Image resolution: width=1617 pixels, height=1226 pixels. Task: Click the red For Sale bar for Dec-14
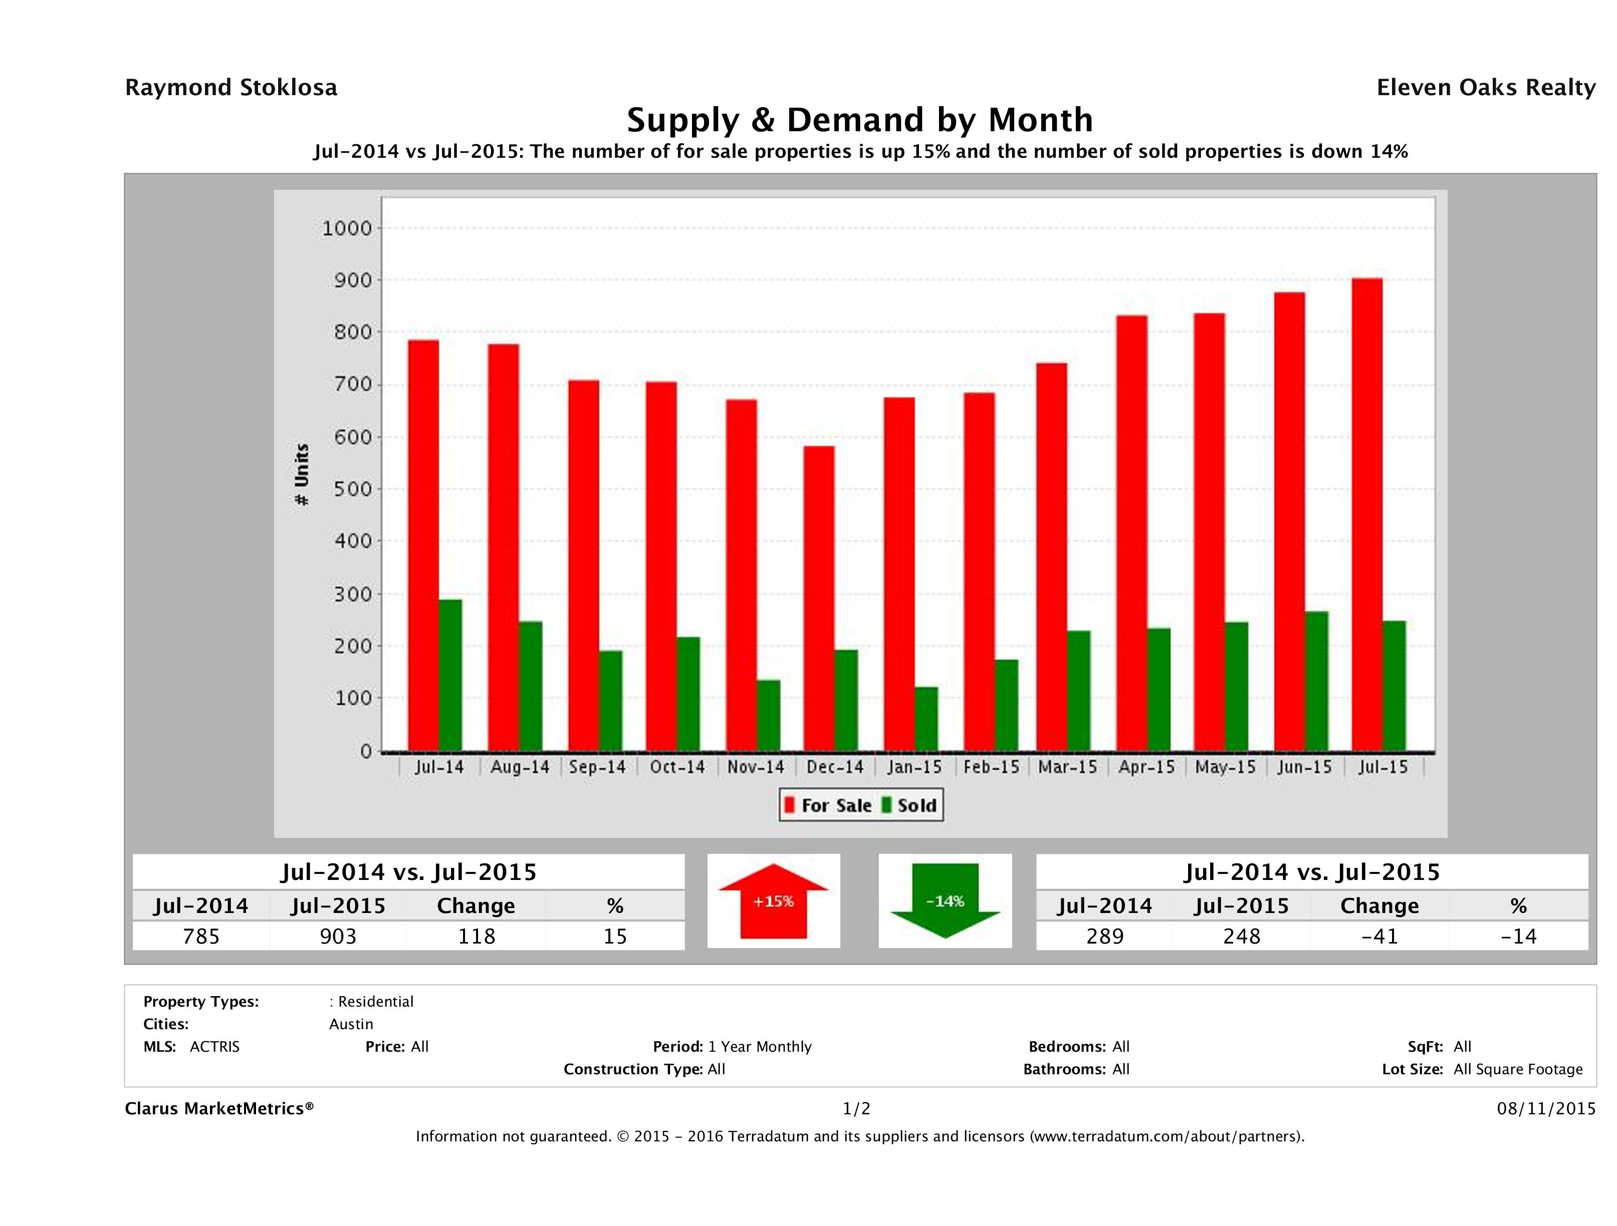819,599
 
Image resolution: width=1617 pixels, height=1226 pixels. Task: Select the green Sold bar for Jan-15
926,719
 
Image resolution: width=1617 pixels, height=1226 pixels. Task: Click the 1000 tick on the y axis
347,229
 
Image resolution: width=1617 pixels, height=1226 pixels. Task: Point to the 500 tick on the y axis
353,489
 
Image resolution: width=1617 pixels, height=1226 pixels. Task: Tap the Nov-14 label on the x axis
755,767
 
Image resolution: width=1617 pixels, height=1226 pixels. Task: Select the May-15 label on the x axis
1225,767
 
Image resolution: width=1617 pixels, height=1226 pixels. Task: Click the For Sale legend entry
828,805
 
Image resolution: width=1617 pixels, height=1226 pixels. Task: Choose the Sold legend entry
909,805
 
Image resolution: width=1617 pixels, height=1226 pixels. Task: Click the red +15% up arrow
773,901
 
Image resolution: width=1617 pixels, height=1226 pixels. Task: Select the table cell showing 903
338,936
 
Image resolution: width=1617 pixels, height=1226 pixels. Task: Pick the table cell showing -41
1379,936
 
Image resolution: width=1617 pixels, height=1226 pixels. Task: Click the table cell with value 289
1104,936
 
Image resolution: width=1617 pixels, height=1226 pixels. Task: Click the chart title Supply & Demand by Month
860,120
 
